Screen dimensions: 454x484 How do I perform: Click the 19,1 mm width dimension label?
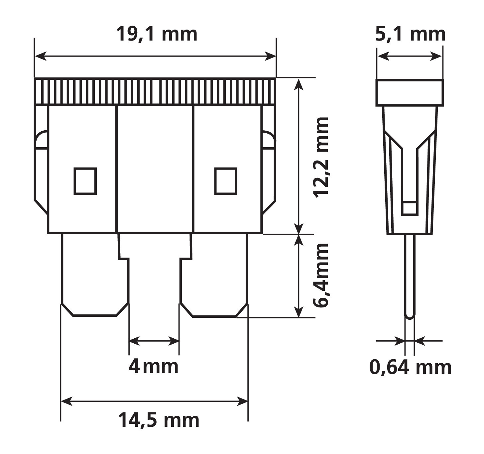(157, 34)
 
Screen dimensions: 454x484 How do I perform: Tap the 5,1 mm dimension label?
(410, 34)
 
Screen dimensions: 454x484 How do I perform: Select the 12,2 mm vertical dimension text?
(321, 157)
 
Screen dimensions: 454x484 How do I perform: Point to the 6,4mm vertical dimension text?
(321, 276)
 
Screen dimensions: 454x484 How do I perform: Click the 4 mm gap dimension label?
(154, 366)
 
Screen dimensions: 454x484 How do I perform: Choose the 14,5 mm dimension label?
(159, 420)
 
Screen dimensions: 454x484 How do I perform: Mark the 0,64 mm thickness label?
(410, 367)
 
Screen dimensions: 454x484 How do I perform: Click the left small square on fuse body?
(85, 181)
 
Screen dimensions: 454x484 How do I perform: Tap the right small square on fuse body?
(226, 181)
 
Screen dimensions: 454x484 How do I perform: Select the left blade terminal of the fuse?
(95, 276)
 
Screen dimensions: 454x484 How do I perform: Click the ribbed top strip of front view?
(155, 91)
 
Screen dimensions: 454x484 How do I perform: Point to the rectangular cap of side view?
(410, 93)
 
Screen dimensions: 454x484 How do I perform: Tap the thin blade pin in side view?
(410, 276)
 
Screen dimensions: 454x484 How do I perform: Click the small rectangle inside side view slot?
(410, 208)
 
